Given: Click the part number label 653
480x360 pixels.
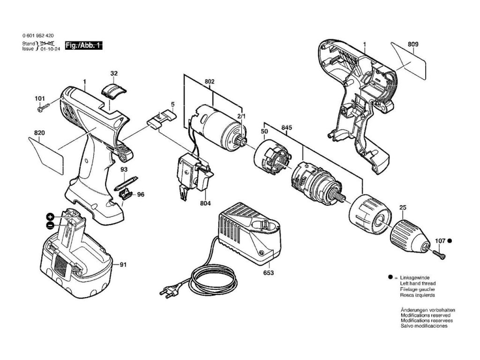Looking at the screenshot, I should coord(268,272).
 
